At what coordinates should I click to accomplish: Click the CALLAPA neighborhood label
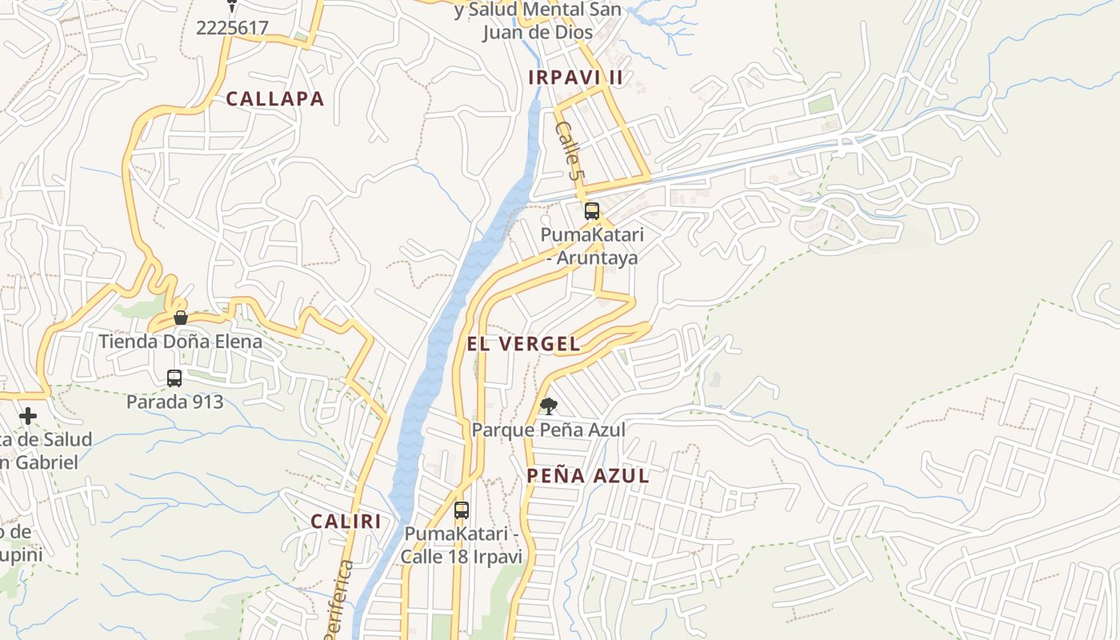(274, 99)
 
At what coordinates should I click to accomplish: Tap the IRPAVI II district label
(575, 78)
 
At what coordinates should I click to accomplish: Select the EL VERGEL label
(524, 344)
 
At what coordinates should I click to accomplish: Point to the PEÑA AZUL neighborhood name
(587, 476)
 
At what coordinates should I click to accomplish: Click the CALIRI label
(346, 522)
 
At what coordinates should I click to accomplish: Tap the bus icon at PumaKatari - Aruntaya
(592, 211)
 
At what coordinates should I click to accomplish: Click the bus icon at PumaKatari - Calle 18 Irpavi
(462, 510)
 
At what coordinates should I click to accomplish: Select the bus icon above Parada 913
(174, 378)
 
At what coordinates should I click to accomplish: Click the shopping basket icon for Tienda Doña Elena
(181, 318)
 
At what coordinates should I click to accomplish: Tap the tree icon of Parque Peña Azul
(548, 406)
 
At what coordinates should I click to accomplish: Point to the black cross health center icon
(28, 416)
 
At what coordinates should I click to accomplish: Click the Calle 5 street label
(567, 150)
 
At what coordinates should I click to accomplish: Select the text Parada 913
(174, 402)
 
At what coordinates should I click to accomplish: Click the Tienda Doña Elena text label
(180, 342)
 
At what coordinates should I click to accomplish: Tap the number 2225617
(232, 28)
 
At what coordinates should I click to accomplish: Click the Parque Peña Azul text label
(548, 430)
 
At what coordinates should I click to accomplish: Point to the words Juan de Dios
(538, 32)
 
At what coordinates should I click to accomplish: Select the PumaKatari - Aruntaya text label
(592, 246)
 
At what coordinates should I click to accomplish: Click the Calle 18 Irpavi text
(461, 556)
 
